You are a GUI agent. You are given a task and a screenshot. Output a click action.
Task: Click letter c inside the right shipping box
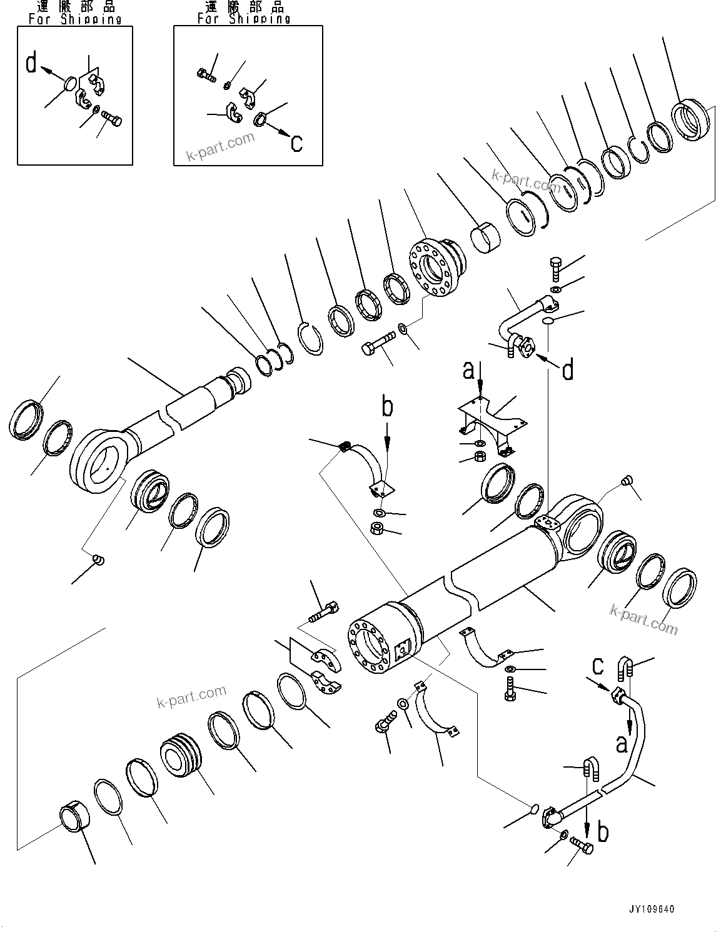(296, 143)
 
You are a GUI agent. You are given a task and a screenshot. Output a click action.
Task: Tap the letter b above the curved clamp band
(388, 407)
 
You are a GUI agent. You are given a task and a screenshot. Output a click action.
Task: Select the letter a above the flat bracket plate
(468, 370)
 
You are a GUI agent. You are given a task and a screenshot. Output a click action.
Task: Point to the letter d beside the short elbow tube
(568, 371)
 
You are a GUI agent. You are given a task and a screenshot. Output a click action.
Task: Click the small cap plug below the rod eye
(98, 559)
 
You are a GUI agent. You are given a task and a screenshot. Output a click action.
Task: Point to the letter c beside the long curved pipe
(598, 667)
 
